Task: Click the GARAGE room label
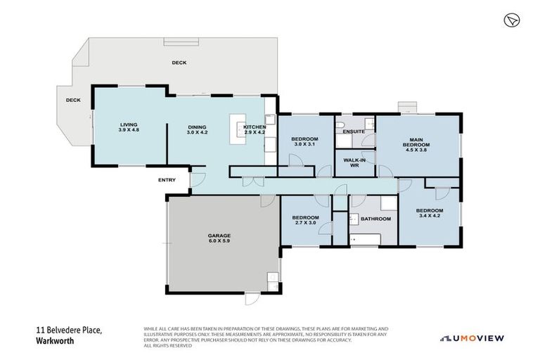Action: tap(219, 236)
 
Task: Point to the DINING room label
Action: tap(197, 127)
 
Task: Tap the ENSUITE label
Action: tap(354, 131)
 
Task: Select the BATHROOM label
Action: tap(375, 219)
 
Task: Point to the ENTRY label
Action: tap(167, 180)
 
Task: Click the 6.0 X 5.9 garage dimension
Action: tap(219, 240)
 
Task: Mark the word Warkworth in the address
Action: tap(55, 340)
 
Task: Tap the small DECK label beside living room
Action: tap(73, 100)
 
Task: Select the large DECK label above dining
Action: tap(179, 63)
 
